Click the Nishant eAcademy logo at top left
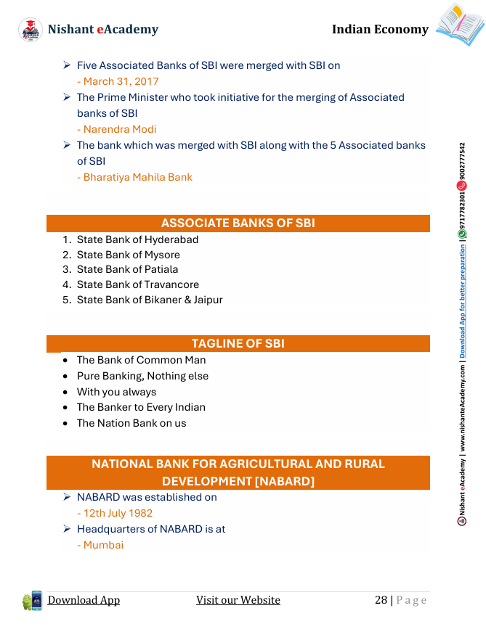31,29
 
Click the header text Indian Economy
380,29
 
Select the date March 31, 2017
121,81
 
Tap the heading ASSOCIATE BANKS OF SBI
238,223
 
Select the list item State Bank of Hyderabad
137,239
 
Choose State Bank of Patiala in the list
127,269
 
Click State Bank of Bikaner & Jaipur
150,300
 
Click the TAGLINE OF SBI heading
238,343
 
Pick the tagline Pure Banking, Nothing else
142,376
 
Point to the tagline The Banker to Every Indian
141,407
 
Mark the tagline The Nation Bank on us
131,423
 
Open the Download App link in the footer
84,600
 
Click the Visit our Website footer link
238,600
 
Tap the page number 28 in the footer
381,600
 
